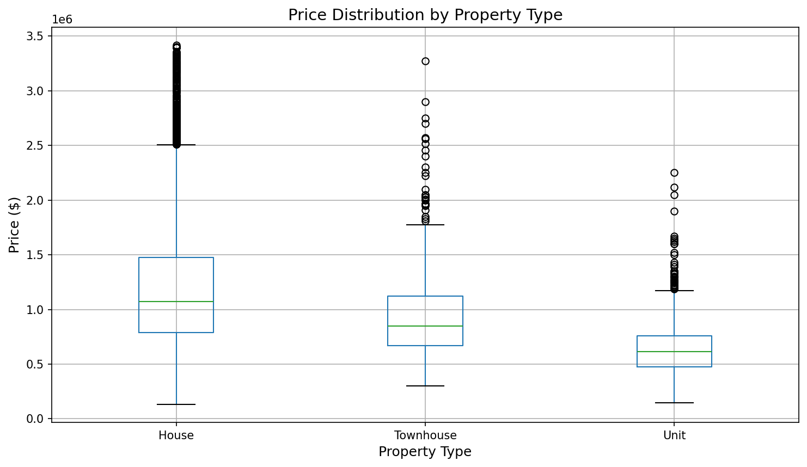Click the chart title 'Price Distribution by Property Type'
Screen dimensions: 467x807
(425, 15)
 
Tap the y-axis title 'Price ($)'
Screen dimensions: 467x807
(14, 225)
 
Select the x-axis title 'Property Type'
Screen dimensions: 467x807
(425, 452)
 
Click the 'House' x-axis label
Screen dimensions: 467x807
(176, 435)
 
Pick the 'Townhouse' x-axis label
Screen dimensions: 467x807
(425, 435)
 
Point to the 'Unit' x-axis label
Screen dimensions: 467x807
(674, 435)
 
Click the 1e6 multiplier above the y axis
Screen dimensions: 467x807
(62, 20)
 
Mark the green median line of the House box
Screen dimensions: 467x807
(176, 302)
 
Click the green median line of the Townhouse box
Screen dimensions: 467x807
(425, 326)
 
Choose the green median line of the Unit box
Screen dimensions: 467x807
(674, 352)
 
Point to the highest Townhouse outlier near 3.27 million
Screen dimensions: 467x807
(425, 61)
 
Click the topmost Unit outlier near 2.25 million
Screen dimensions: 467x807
(674, 173)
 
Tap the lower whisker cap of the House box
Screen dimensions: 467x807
(176, 404)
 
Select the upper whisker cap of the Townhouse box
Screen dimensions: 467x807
(425, 225)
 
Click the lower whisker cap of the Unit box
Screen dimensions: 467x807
(674, 403)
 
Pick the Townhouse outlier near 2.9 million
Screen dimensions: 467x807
(425, 102)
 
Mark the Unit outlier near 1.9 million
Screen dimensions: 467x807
(674, 211)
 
